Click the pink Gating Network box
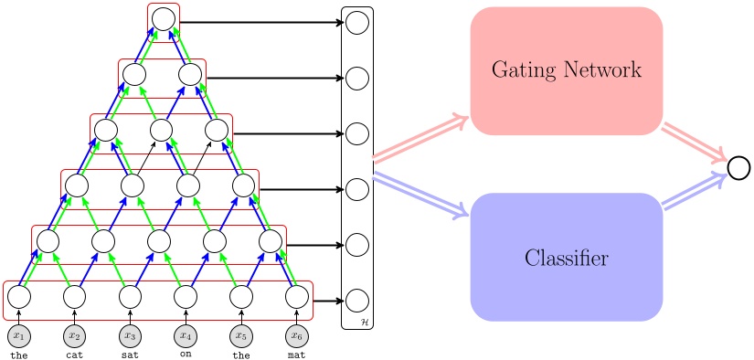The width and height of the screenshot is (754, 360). (566, 70)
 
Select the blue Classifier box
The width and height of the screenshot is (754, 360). (566, 258)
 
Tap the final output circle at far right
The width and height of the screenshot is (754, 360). (738, 166)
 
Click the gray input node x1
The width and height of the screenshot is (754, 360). (19, 334)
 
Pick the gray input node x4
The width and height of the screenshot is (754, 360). (186, 334)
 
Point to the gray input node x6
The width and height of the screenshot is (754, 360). (296, 334)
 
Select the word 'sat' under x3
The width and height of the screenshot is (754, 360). (130, 354)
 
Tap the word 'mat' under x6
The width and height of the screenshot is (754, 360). (296, 354)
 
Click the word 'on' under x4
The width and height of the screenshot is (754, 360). (186, 354)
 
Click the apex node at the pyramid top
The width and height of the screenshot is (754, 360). (163, 18)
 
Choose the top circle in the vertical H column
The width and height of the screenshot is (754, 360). (357, 22)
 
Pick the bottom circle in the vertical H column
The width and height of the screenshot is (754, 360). (357, 300)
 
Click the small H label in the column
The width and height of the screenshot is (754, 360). (366, 322)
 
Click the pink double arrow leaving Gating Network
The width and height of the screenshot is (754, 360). (695, 142)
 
